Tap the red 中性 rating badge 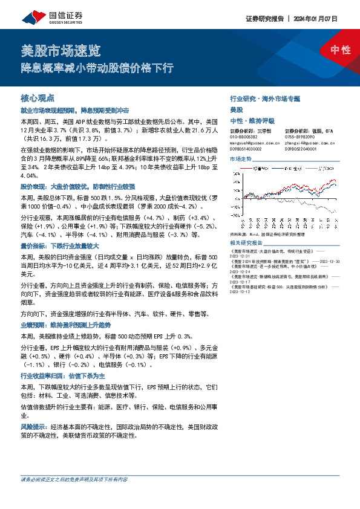[341, 50]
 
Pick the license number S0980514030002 [246, 148]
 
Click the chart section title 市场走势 [241, 158]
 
